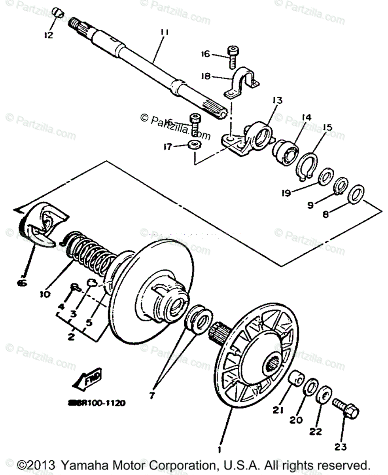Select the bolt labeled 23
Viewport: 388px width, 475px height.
point(346,408)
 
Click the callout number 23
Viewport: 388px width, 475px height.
point(340,447)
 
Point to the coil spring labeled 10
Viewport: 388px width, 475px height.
point(89,253)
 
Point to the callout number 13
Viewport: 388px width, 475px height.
point(277,101)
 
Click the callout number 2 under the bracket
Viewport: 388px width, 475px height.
point(71,337)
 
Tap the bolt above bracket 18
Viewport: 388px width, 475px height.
point(232,56)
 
